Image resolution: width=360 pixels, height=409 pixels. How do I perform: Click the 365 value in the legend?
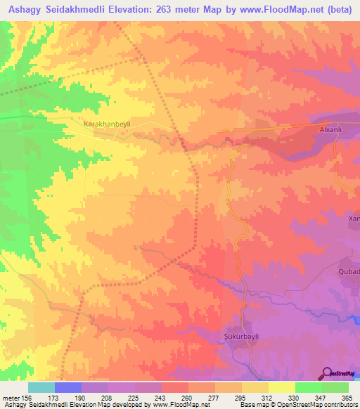[347, 397]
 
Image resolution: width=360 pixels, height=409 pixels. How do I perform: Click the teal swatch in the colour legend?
[41, 387]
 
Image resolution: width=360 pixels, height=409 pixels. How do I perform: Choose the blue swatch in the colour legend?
[68, 387]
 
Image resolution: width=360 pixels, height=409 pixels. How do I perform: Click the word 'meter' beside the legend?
[10, 397]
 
